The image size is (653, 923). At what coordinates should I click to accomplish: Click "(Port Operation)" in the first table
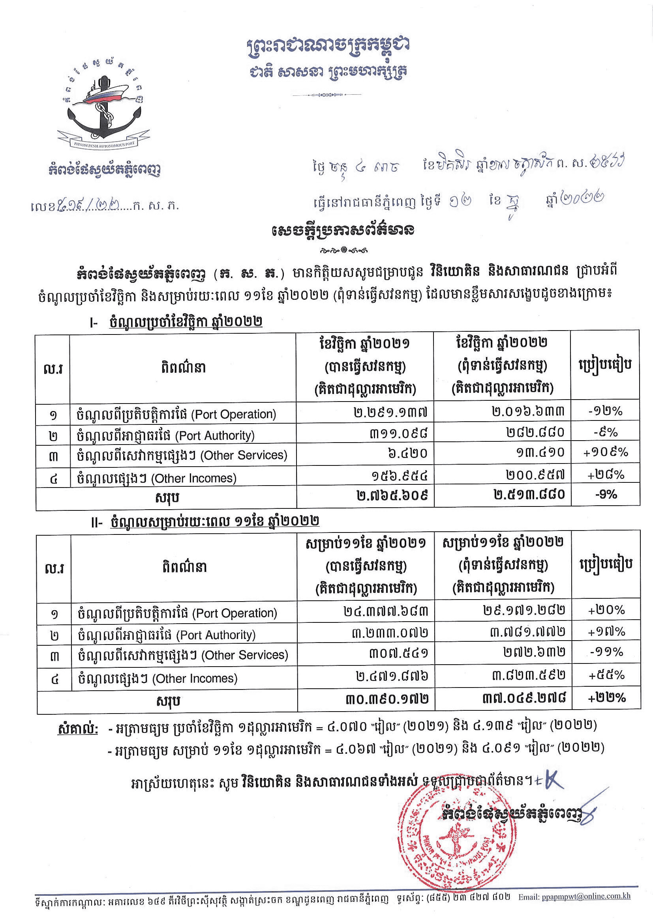click(x=233, y=415)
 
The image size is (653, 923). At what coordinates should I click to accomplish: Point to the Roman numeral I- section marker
click(x=93, y=323)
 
